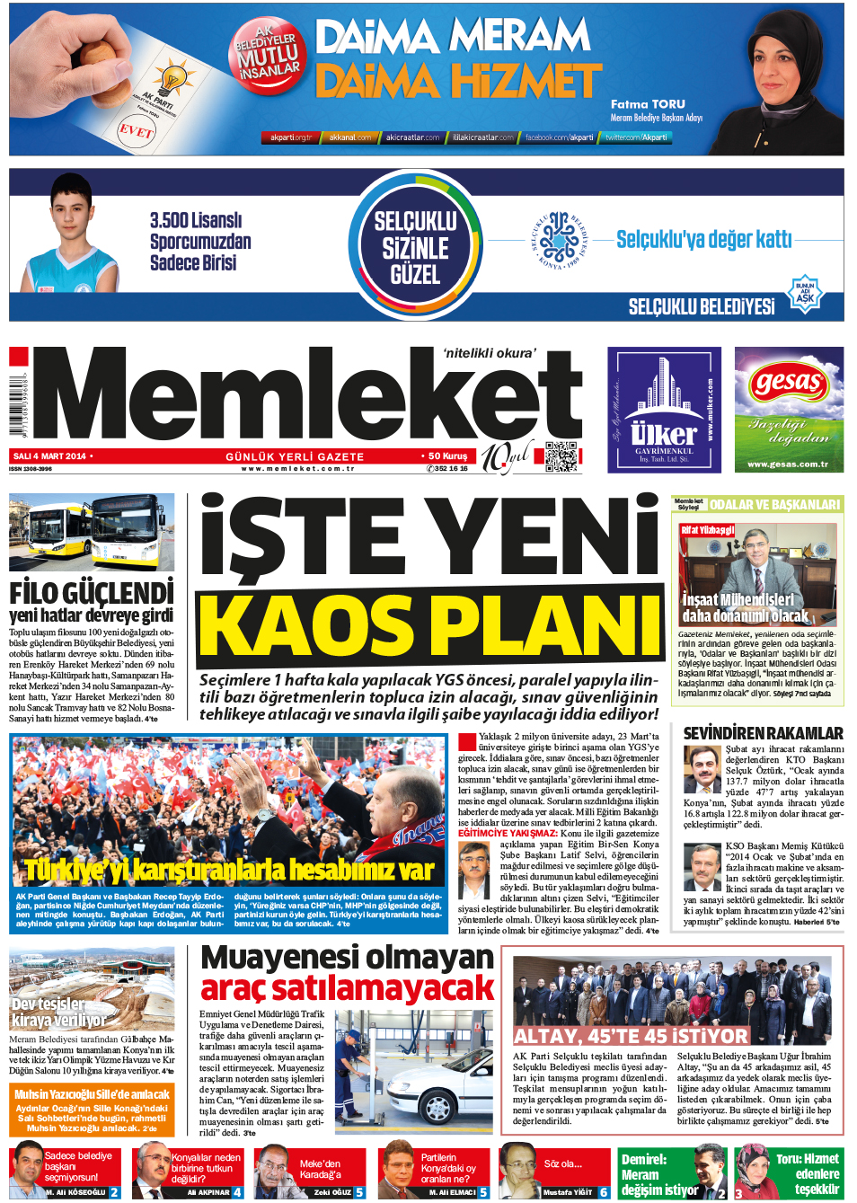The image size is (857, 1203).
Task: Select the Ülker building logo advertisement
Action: (664, 410)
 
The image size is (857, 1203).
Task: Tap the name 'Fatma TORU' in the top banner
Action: (648, 104)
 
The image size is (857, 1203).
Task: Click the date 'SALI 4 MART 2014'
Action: (50, 456)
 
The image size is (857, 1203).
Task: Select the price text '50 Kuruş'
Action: (447, 456)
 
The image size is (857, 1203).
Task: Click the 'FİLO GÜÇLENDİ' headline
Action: (92, 593)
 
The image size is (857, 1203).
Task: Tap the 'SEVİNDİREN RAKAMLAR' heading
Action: (763, 733)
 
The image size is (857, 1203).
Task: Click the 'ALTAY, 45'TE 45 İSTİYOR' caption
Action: (630, 1036)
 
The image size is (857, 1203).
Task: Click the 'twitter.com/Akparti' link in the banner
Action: (636, 137)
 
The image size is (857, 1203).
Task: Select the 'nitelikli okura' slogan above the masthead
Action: (489, 353)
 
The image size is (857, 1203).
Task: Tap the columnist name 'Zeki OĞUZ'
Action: (332, 1192)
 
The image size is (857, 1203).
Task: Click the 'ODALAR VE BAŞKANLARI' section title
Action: (774, 505)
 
